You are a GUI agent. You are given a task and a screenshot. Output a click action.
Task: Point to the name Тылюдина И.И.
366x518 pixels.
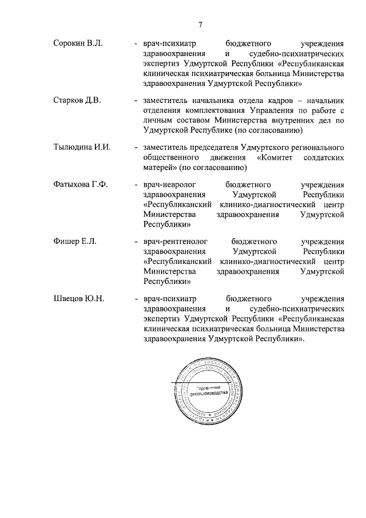[81, 148]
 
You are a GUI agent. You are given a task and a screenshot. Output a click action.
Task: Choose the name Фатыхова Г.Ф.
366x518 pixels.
[80, 184]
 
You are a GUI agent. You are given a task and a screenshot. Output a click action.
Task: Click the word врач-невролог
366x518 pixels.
[167, 184]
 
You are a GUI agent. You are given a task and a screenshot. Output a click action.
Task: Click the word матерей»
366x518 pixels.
[160, 167]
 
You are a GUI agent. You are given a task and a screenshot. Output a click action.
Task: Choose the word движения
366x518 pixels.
[229, 157]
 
